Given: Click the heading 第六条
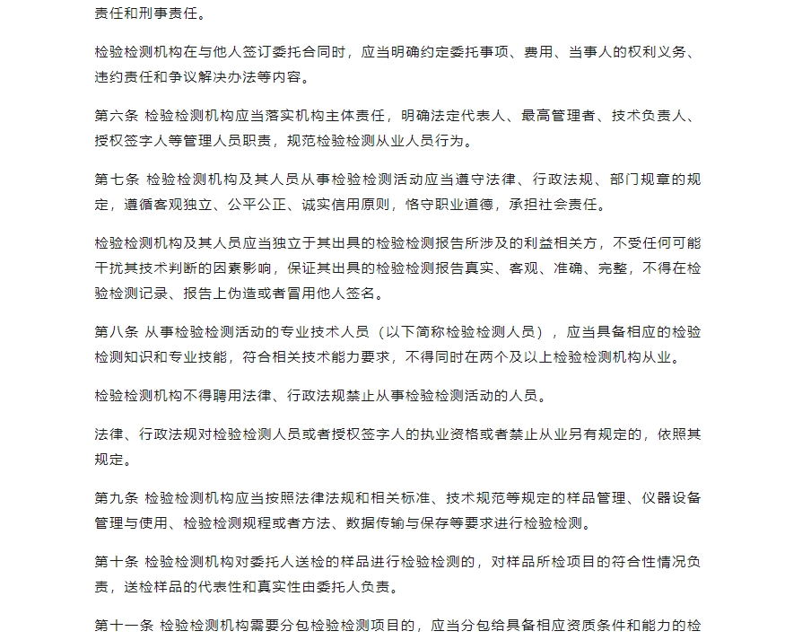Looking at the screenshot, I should coord(116,116).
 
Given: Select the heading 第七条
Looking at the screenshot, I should coord(116,180).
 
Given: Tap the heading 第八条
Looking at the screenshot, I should coord(116,331).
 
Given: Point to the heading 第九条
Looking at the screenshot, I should coord(116,498).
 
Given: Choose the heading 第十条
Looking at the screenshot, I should coord(116,563).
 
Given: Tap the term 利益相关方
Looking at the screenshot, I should coord(559,243).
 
